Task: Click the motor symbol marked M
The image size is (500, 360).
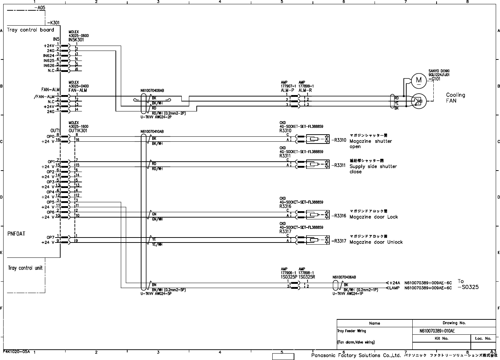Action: [419, 80]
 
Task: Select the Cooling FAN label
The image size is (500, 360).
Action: [455, 98]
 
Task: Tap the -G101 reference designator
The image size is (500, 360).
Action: [435, 79]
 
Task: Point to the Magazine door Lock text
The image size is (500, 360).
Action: [373, 217]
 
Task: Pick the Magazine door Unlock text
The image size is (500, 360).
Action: [376, 242]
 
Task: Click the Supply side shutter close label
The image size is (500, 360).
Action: [373, 169]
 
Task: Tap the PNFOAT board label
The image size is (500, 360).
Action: [16, 234]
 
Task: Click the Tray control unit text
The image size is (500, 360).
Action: [25, 268]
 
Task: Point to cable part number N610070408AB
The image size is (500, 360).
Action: [152, 91]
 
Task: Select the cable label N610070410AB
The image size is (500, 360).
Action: [152, 132]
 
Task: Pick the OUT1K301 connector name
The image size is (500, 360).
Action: [78, 131]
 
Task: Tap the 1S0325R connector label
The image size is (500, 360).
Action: [307, 277]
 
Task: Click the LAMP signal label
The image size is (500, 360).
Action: [394, 288]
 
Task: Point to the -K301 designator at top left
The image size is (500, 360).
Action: [47, 22]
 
